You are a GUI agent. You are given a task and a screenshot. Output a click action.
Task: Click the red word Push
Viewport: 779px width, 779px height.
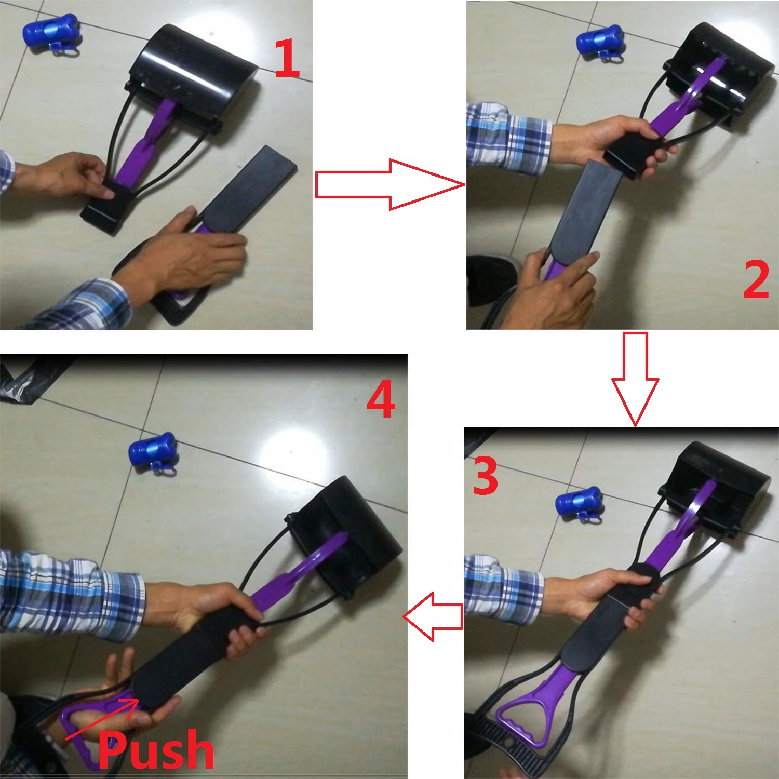coord(156,750)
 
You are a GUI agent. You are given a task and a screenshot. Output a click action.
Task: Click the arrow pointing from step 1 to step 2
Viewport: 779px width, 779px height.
coord(389,185)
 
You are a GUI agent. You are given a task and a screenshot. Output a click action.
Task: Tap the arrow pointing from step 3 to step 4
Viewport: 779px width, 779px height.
coord(432,616)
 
